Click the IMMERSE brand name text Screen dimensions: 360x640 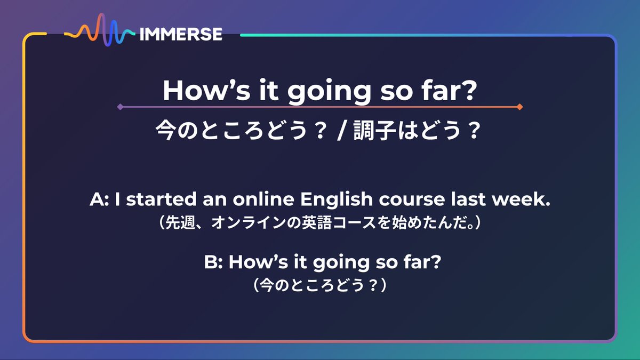[180, 35]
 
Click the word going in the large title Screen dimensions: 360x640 [328, 91]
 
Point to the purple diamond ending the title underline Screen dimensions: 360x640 [121, 107]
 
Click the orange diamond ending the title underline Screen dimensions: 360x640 [519, 107]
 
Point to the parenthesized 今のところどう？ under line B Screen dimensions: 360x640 [319, 286]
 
